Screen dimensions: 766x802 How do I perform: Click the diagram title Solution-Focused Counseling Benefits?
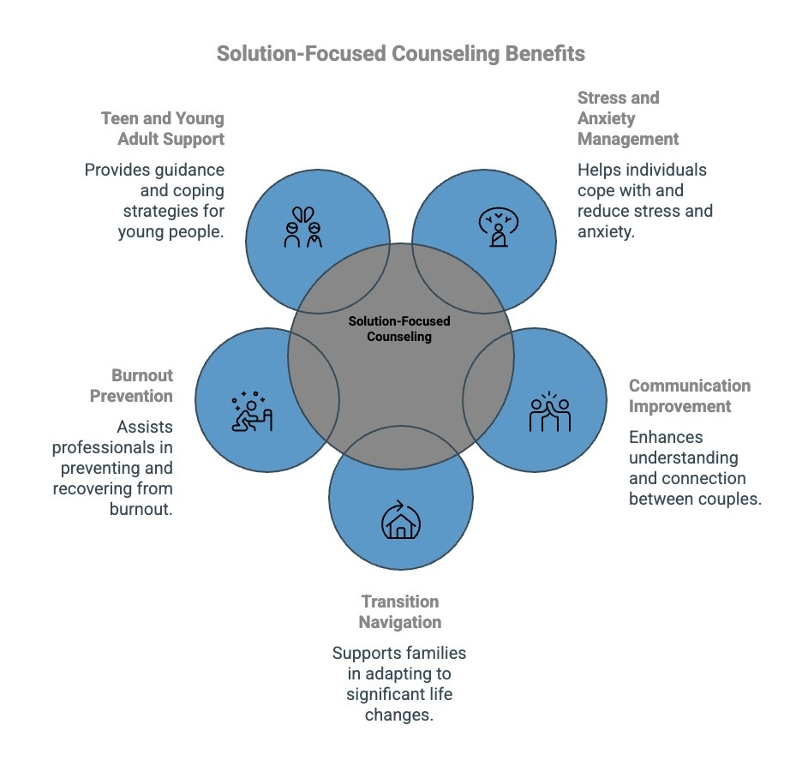400,53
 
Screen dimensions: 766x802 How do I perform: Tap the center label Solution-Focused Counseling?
399,329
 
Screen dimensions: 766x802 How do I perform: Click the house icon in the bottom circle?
400,522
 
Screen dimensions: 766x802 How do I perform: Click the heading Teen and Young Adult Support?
162,128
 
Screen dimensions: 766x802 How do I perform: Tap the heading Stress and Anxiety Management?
628,118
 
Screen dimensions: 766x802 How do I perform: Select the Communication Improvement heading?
689,395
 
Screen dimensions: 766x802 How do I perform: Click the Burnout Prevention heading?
141,386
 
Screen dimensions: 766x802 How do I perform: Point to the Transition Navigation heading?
400,612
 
